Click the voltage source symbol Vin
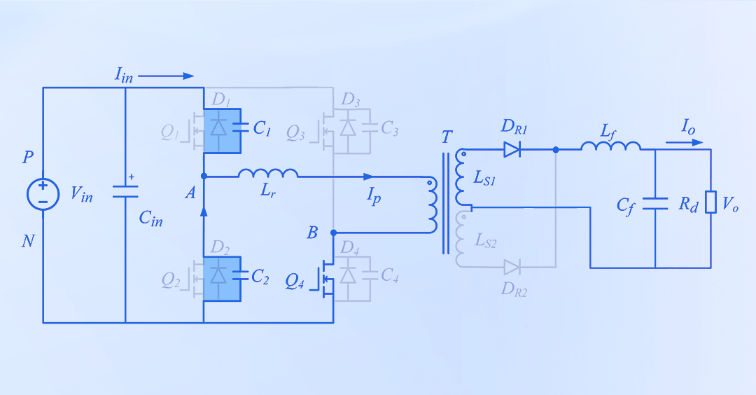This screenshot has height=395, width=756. click(x=43, y=194)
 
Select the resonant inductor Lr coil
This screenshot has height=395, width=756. click(x=268, y=173)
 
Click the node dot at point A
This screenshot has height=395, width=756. click(x=203, y=176)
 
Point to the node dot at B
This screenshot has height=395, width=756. click(x=333, y=233)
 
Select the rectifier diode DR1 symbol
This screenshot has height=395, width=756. click(x=512, y=149)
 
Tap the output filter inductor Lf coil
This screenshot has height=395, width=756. click(x=610, y=146)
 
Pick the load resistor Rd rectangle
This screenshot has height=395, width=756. click(x=710, y=202)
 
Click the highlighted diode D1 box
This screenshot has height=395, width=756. click(x=222, y=130)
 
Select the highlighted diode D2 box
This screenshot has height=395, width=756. click(x=222, y=278)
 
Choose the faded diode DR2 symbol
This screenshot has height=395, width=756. click(x=512, y=267)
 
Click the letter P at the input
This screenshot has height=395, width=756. click(x=28, y=157)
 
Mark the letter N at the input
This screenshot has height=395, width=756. click(x=28, y=242)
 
